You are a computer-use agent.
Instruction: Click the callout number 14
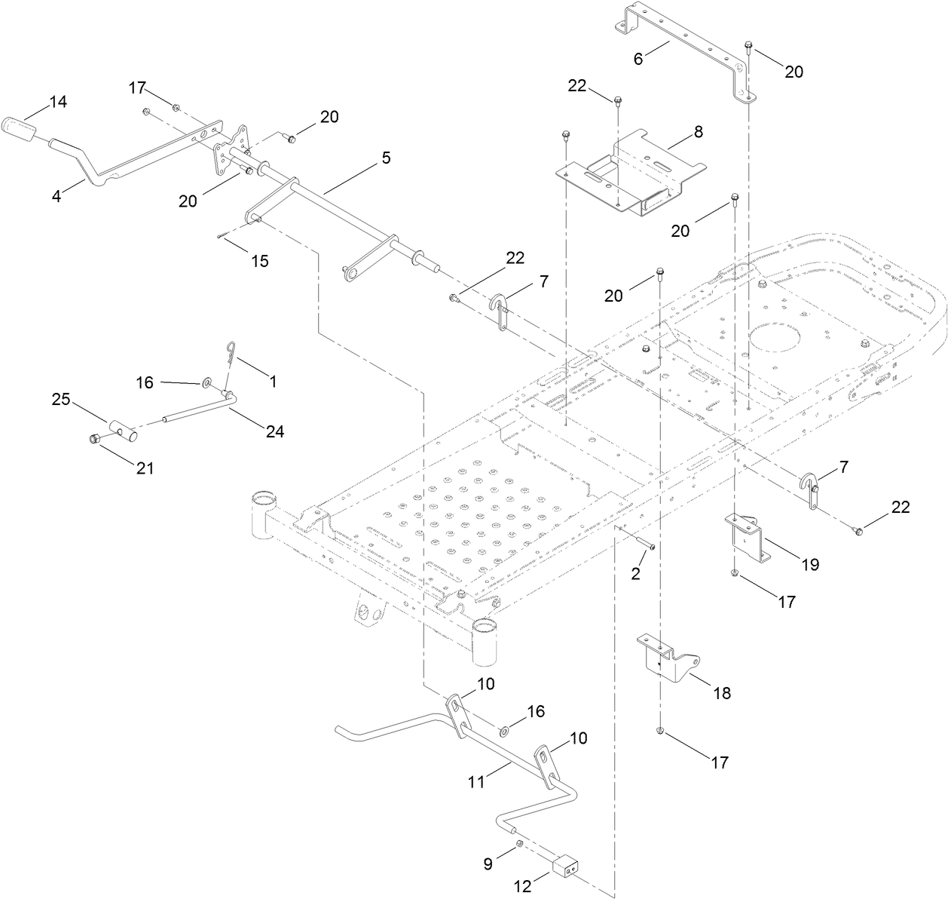pyautogui.click(x=58, y=102)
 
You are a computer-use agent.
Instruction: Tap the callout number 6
pyautogui.click(x=638, y=58)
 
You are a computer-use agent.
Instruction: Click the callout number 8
pyautogui.click(x=698, y=132)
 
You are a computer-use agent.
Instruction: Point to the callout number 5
pyautogui.click(x=386, y=158)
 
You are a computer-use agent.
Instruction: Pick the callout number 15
pyautogui.click(x=259, y=261)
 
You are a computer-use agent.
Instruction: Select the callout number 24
pyautogui.click(x=274, y=431)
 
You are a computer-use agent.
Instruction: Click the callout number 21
pyautogui.click(x=145, y=468)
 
